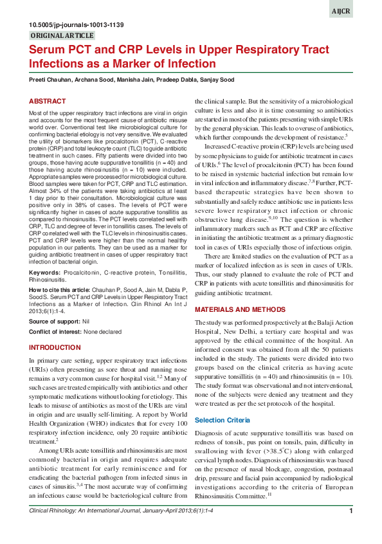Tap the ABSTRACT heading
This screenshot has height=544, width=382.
pos(47,102)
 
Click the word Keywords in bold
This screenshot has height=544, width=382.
pos(44,273)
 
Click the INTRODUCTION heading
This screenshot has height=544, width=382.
pos(55,347)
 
